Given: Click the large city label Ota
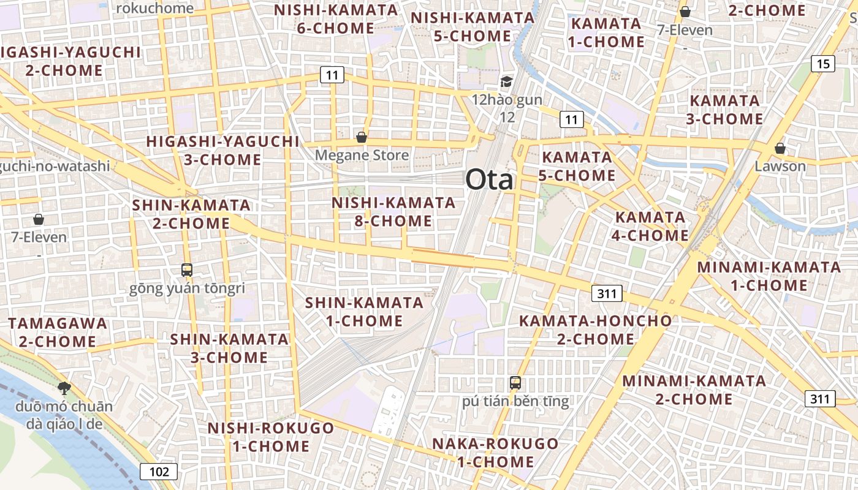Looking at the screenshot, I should click(489, 180).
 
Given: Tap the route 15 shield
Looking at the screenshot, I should click(822, 63).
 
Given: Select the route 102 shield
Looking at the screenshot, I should click(159, 472).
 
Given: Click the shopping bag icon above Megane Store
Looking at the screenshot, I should click(362, 137).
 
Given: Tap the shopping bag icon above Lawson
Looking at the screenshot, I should click(780, 148).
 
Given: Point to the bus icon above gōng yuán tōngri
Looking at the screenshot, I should click(186, 269).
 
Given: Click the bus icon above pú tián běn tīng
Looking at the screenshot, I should click(515, 383).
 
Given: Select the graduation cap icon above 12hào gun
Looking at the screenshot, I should click(506, 81).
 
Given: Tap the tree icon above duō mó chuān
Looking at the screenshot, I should click(64, 387).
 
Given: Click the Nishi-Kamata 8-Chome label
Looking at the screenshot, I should click(393, 211).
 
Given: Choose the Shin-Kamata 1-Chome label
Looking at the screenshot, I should click(364, 311).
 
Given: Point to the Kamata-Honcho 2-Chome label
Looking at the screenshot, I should click(595, 330).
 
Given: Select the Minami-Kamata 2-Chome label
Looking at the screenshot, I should click(694, 390).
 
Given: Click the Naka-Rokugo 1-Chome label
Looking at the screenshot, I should click(495, 452).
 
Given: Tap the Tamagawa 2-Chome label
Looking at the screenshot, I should click(58, 332).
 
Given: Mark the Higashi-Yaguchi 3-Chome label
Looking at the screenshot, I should click(222, 151).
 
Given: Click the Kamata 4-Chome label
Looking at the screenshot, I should click(650, 226).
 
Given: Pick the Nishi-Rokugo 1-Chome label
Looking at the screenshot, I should click(270, 437).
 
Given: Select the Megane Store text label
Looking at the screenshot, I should click(362, 156).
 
